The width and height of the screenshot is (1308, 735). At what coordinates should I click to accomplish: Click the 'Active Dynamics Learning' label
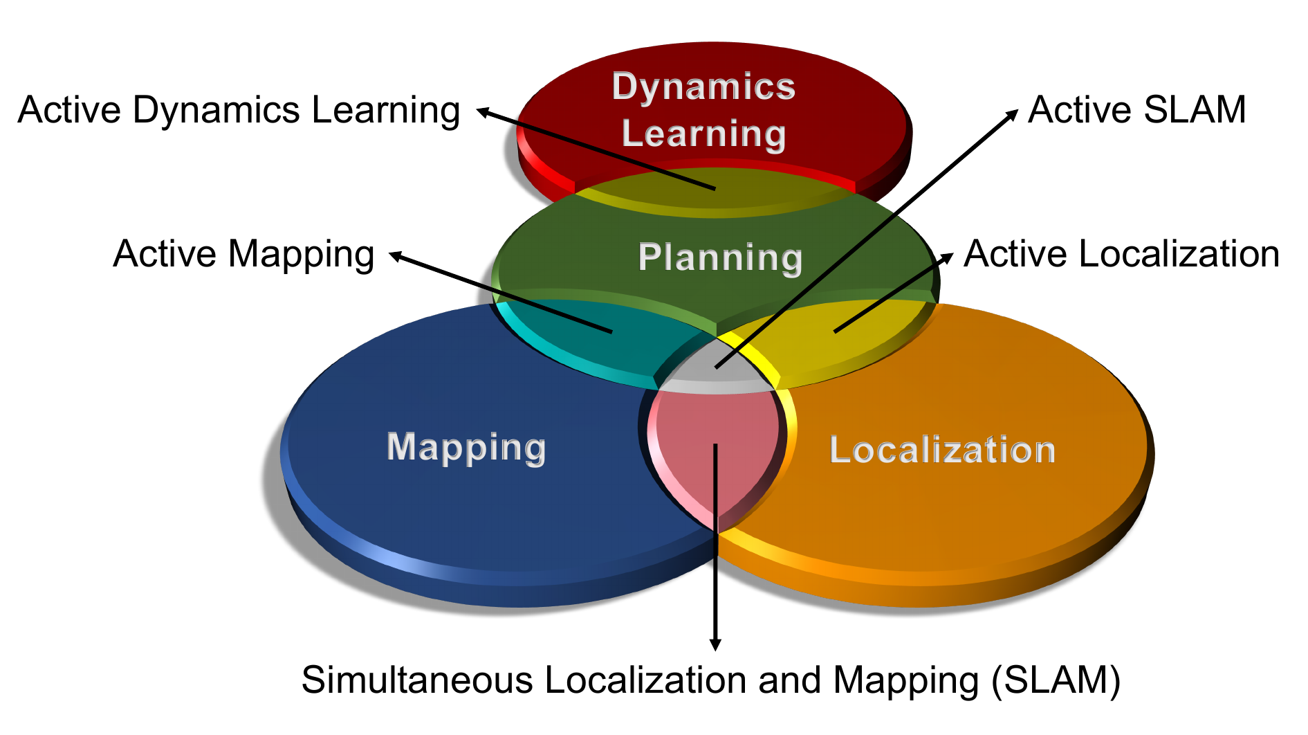[239, 111]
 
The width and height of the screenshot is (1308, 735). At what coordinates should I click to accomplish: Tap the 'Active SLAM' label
[1136, 110]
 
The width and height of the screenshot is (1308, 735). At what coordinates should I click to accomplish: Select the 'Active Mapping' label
[243, 254]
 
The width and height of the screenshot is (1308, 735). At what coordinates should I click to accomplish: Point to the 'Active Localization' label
[1121, 254]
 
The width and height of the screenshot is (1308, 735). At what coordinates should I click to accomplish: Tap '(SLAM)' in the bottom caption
[1056, 680]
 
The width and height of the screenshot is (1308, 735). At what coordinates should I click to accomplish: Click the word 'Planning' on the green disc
[719, 257]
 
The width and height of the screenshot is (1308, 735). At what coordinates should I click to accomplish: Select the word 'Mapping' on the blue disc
[466, 447]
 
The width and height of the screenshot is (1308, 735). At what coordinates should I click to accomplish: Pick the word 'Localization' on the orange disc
[942, 450]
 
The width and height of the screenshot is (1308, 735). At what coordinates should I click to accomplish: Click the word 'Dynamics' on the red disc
[703, 87]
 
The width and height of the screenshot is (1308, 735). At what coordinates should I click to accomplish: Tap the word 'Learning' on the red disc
[703, 134]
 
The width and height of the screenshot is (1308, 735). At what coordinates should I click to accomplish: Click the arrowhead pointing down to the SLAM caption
[716, 644]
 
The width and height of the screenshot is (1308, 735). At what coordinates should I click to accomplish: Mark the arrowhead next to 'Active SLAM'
[1012, 115]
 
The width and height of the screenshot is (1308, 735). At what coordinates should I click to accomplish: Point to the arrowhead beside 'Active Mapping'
[396, 256]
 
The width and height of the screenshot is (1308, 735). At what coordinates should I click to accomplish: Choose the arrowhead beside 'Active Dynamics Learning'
[483, 111]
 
